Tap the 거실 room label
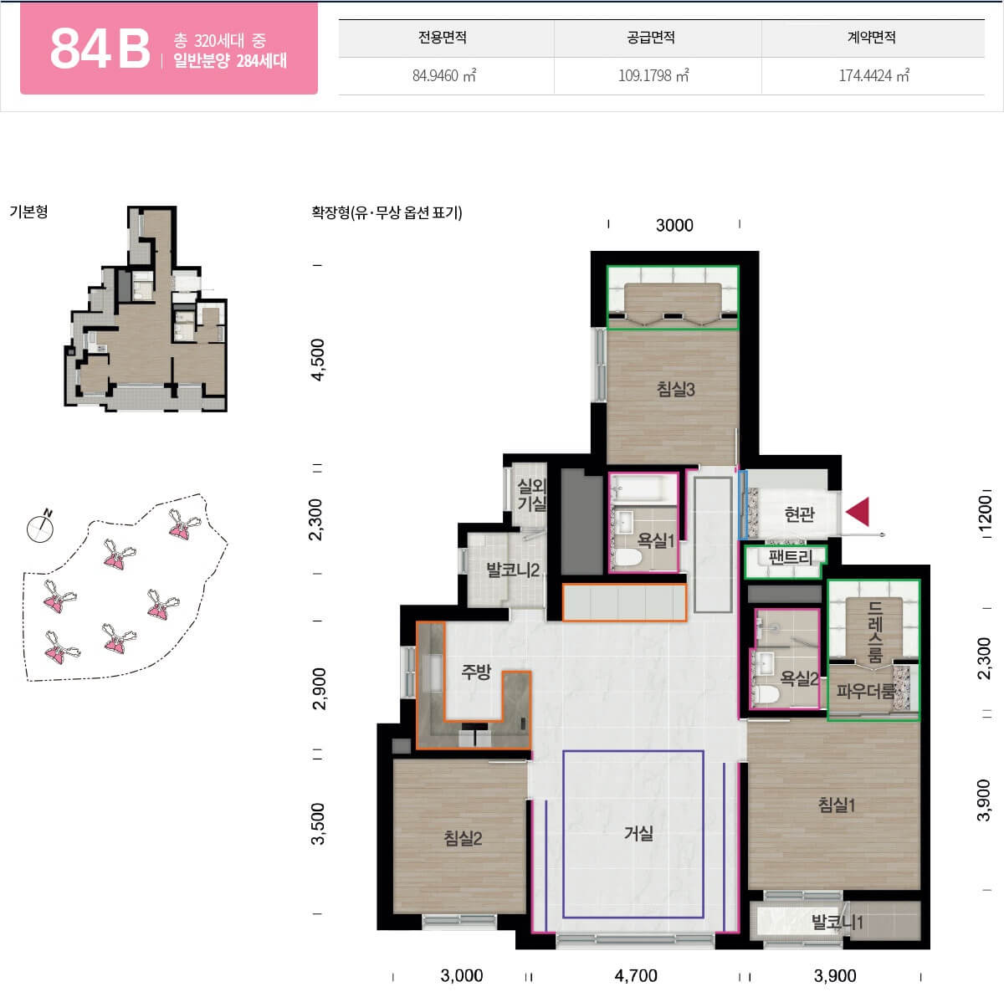[638, 833]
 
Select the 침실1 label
[836, 805]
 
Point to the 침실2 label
[463, 838]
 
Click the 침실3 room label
[675, 389]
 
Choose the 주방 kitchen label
[476, 671]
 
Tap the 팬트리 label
[791, 557]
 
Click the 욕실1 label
[655, 540]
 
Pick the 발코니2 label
[513, 570]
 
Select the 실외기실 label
[531, 494]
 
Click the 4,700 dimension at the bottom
[636, 975]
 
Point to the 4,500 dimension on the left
[317, 360]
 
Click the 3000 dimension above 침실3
[674, 225]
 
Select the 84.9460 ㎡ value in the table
[444, 75]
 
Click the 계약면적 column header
[872, 37]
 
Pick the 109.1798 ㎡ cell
[653, 75]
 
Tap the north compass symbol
[41, 526]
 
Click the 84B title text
[100, 48]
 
